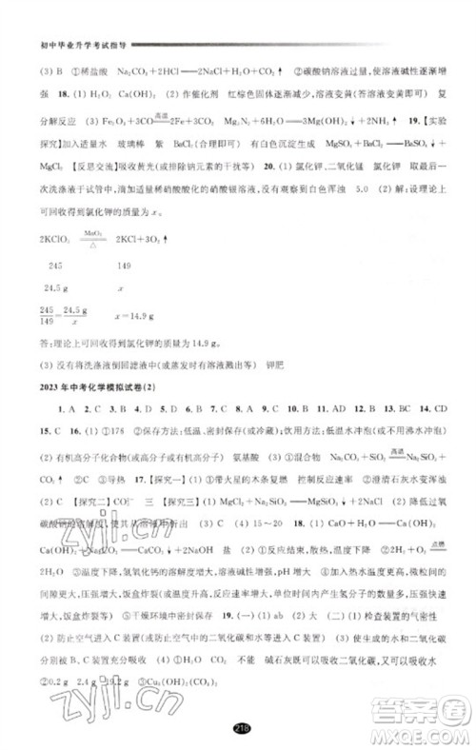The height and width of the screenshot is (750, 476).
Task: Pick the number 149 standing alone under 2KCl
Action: coord(124,266)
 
